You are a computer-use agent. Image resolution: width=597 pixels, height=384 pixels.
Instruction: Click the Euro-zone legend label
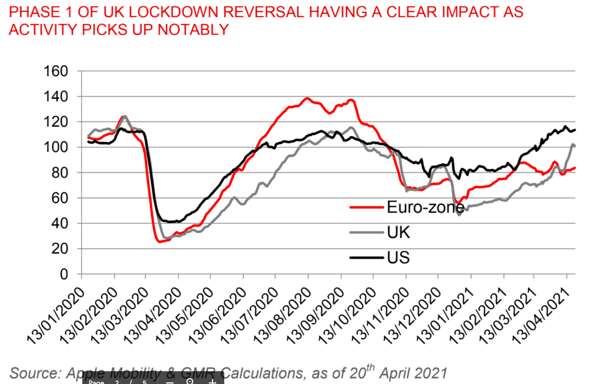click(x=425, y=207)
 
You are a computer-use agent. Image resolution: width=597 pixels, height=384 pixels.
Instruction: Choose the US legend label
click(x=398, y=258)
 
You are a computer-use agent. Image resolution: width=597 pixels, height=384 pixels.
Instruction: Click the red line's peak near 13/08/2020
click(x=307, y=98)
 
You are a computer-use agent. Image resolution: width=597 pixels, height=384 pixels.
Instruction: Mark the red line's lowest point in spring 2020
click(x=160, y=242)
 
